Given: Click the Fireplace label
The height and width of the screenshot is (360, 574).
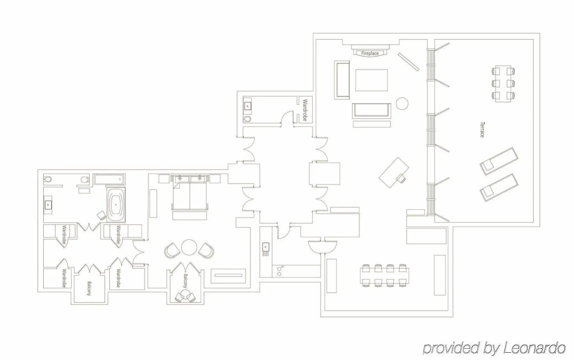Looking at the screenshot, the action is [370, 53].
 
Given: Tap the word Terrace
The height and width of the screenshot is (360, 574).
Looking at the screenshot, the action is [482, 130].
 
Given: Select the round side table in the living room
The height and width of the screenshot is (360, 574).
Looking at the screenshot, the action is [402, 103].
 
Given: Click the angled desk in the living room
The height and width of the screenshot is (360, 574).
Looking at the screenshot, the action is [394, 172].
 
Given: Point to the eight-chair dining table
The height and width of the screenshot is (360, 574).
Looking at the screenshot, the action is [385, 275].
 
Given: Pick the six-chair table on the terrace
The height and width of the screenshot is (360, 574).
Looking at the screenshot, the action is [503, 84].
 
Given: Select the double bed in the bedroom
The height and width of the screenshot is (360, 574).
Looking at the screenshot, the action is [189, 193].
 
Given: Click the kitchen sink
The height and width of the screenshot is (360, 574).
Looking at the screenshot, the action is [265, 247].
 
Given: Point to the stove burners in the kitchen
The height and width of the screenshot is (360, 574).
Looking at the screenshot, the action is [279, 271].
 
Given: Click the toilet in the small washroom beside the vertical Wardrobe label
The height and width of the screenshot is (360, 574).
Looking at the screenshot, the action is [247, 119].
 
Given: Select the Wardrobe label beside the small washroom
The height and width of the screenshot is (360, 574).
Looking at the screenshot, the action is [304, 110].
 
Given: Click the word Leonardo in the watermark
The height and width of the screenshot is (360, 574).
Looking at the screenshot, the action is [534, 348].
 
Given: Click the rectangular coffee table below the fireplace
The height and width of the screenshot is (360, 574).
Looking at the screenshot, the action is [372, 80].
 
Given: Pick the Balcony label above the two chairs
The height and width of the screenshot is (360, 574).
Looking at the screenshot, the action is [186, 281].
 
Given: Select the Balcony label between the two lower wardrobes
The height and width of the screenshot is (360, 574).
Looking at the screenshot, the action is [89, 288].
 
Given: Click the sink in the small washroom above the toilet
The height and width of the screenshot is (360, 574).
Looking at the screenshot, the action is [248, 105].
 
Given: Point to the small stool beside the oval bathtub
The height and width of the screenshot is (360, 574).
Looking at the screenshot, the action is [101, 215].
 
